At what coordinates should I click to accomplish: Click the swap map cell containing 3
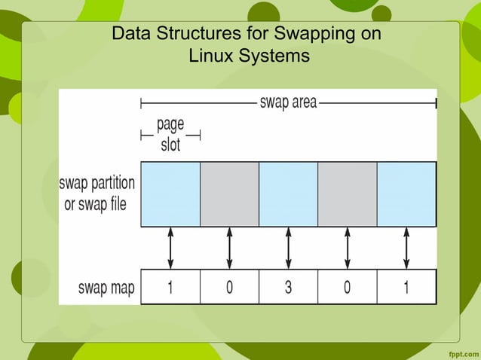[x=288, y=287]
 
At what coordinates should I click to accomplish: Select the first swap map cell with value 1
[x=170, y=287]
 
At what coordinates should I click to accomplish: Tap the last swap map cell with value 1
[x=406, y=287]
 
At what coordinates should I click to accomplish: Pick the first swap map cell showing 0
[x=229, y=287]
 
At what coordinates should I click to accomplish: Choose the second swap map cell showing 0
[x=348, y=287]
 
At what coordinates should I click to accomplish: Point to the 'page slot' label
[x=170, y=134]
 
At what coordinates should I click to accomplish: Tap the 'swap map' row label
[x=106, y=288]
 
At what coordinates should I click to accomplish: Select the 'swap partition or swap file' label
[x=98, y=193]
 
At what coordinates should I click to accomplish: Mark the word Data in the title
[x=128, y=35]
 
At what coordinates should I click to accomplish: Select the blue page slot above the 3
[x=288, y=194]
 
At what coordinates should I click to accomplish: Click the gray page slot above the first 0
[x=229, y=194]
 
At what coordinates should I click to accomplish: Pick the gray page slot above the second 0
[x=348, y=194]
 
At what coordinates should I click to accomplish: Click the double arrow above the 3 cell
[x=288, y=248]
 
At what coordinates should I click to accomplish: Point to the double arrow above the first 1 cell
[x=170, y=248]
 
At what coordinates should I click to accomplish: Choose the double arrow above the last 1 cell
[x=406, y=248]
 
